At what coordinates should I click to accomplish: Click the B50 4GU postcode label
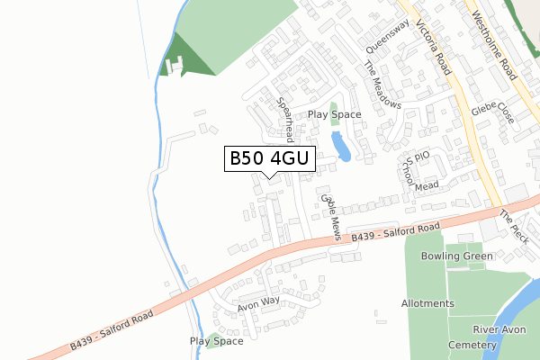[269, 159]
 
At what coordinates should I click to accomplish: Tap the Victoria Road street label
[433, 50]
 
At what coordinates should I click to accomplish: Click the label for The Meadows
[382, 85]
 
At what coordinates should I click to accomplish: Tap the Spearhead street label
[286, 120]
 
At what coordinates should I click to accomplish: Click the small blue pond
[341, 146]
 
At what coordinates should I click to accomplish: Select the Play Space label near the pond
[334, 114]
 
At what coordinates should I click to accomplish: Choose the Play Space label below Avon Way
[217, 341]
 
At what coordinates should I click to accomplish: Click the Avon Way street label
[259, 303]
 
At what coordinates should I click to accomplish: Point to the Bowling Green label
[460, 256]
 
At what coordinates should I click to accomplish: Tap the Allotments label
[427, 304]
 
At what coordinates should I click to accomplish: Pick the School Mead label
[418, 174]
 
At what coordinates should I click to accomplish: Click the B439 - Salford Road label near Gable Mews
[396, 231]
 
